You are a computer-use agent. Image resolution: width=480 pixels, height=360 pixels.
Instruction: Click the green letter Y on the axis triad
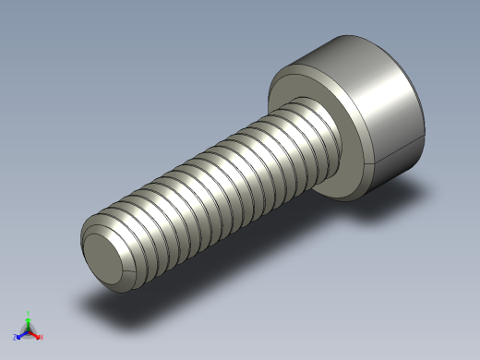pyautogui.click(x=29, y=313)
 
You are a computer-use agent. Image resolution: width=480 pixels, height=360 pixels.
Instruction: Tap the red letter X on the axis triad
pyautogui.click(x=42, y=337)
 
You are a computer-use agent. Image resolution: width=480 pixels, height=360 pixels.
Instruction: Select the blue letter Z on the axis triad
pyautogui.click(x=16, y=337)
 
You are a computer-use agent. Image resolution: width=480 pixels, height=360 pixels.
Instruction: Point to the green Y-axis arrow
pyautogui.click(x=29, y=321)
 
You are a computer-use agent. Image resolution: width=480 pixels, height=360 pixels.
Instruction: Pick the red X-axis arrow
pyautogui.click(x=35, y=333)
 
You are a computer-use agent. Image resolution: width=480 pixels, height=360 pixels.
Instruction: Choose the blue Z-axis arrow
pyautogui.click(x=22, y=333)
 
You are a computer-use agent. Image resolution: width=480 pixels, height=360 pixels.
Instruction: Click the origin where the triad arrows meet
pyautogui.click(x=29, y=330)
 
